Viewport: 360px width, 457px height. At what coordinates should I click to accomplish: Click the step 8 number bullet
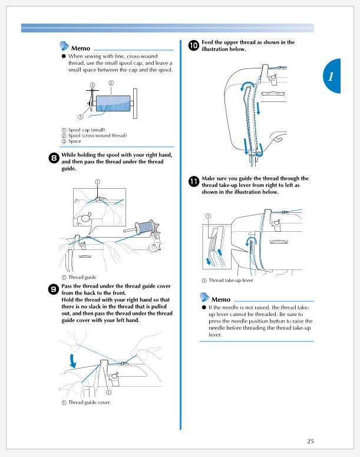click(x=54, y=158)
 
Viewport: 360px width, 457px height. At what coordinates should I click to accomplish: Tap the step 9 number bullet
click(x=54, y=290)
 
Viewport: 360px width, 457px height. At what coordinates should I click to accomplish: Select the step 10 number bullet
click(x=194, y=45)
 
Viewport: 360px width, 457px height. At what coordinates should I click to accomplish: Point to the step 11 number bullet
click(x=194, y=182)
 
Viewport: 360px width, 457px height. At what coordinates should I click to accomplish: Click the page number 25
click(x=310, y=441)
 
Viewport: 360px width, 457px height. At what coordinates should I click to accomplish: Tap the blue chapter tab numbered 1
click(x=332, y=76)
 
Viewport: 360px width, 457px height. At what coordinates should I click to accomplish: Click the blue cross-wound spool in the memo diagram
click(x=113, y=103)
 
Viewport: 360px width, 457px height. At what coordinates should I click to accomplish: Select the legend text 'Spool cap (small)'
click(x=87, y=130)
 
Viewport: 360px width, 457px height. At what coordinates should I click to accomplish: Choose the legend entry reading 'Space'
click(x=75, y=141)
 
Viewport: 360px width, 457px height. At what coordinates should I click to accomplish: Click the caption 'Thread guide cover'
click(x=89, y=402)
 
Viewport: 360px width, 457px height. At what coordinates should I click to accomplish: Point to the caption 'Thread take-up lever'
click(x=231, y=280)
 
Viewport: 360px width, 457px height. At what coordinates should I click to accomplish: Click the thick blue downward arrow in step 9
click(x=72, y=361)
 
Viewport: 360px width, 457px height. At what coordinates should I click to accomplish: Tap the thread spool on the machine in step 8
click(x=145, y=226)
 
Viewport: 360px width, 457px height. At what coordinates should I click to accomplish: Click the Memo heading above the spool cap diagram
click(x=80, y=48)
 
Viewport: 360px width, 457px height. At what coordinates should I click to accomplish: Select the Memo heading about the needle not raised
click(x=221, y=300)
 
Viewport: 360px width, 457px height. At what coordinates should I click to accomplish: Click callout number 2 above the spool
click(x=111, y=83)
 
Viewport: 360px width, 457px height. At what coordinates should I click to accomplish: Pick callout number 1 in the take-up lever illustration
click(x=208, y=216)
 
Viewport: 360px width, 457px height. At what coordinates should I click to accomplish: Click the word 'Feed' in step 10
click(x=207, y=42)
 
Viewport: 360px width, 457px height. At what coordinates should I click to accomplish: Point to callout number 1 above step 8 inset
click(x=98, y=182)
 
